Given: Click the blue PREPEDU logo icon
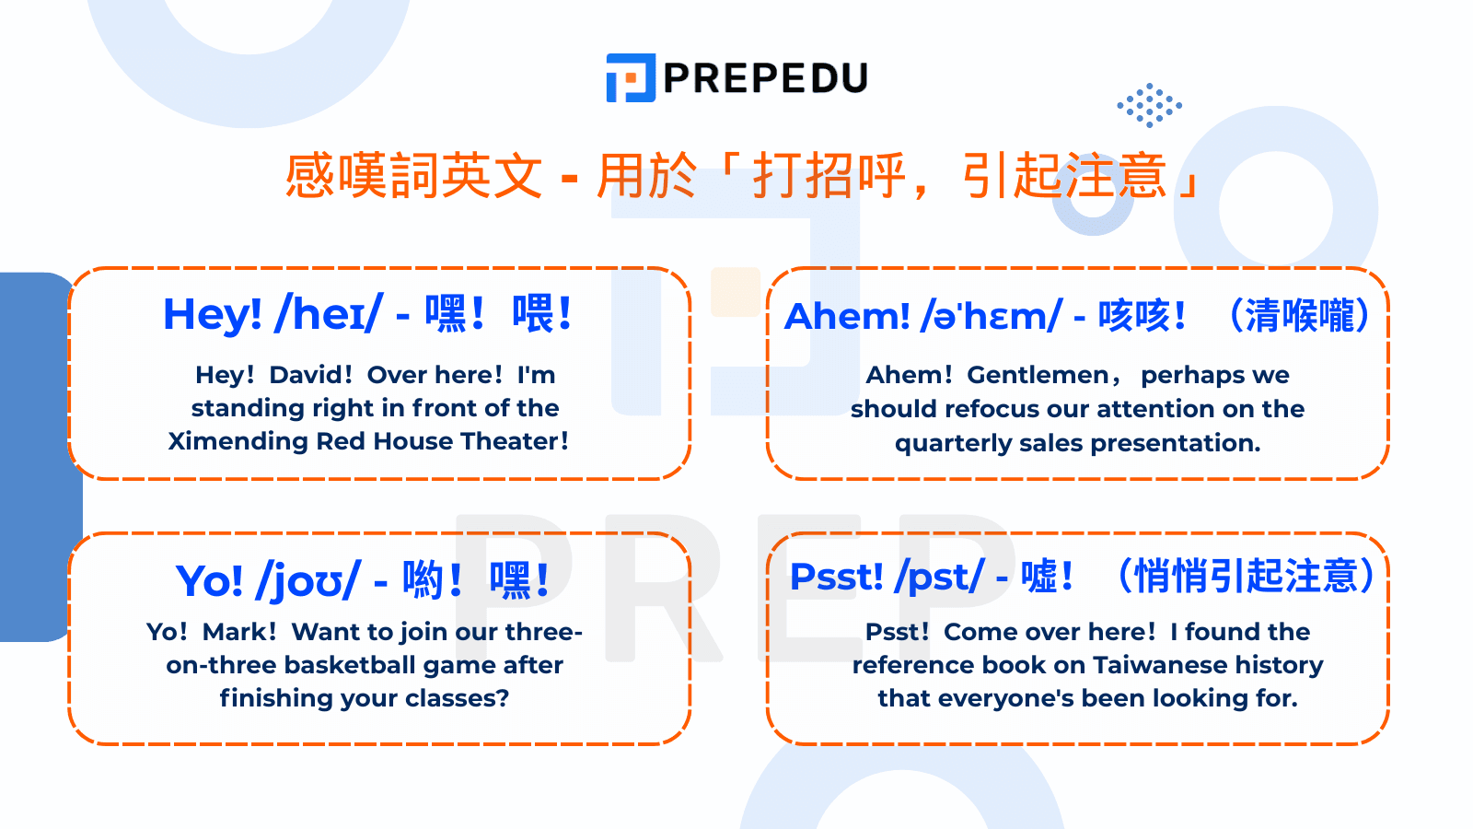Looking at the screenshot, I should [x=631, y=78].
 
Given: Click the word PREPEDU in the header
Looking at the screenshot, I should [x=765, y=78].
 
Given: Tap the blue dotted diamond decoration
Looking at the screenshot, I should [x=1149, y=105].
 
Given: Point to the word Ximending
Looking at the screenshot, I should [x=238, y=441].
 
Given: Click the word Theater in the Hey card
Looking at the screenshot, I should [x=510, y=441].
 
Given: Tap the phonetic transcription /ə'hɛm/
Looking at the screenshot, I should [x=991, y=316].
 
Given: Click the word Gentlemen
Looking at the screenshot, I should [x=1038, y=375].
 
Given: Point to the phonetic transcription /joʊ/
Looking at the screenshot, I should [x=308, y=581].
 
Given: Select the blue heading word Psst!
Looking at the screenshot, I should [x=836, y=578].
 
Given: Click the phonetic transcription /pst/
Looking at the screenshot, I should [x=939, y=578].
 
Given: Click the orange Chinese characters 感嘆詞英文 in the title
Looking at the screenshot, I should [x=413, y=175].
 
